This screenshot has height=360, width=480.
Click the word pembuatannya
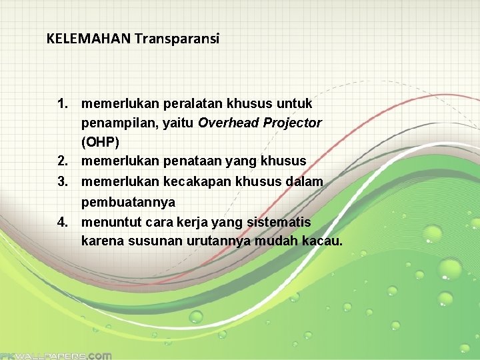tap(128, 201)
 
